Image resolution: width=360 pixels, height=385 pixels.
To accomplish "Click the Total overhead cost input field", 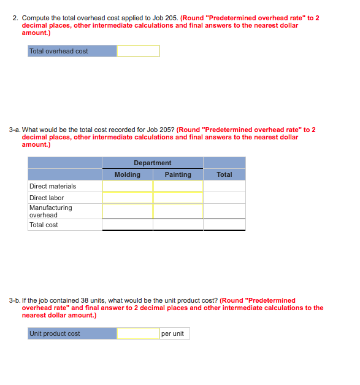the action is [x=138, y=51].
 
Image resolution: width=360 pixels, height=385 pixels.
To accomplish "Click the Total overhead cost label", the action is [x=59, y=51].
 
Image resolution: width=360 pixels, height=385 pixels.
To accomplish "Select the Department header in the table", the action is [x=152, y=163].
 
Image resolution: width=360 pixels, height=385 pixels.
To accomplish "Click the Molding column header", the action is [x=127, y=174].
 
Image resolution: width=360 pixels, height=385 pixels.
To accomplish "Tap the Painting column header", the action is [x=178, y=174].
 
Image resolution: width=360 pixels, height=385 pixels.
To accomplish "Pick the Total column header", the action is [x=224, y=174].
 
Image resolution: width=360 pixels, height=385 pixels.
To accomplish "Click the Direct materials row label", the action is [x=53, y=186].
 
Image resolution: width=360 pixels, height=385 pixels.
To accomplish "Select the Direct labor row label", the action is [x=47, y=198].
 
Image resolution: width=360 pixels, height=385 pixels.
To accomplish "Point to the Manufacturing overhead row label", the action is [x=50, y=211].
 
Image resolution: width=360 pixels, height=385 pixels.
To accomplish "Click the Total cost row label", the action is [x=44, y=225].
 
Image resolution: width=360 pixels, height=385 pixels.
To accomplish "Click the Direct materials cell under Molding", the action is [x=127, y=186].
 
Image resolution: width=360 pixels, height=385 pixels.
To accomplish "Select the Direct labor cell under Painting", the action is [x=178, y=198].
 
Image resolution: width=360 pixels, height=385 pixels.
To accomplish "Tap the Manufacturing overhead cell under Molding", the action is [x=127, y=211].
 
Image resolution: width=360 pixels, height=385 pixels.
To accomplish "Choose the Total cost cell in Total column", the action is [x=224, y=225].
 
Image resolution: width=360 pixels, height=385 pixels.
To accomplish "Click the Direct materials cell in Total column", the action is [x=224, y=186].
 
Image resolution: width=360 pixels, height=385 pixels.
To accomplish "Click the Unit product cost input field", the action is [x=138, y=333].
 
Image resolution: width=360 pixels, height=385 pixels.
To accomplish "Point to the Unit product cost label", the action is [x=55, y=333].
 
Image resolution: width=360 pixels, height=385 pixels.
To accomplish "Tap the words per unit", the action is [x=172, y=333].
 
